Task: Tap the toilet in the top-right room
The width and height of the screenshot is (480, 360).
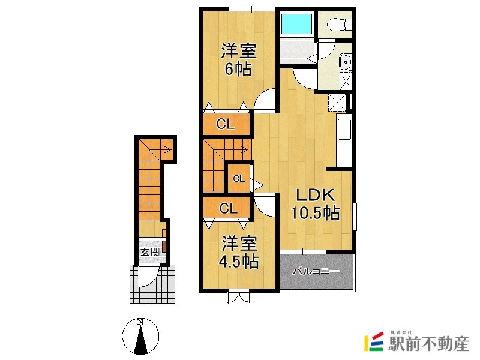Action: tap(336, 24)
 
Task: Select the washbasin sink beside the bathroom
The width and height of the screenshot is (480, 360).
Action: tap(346, 62)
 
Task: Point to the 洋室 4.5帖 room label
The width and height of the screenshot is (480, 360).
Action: tap(239, 253)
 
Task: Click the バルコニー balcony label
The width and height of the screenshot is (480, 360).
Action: tap(316, 272)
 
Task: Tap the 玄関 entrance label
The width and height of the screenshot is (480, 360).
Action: tap(150, 252)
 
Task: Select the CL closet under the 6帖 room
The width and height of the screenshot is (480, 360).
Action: tap(225, 125)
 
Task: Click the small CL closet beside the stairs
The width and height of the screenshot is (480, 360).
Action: tap(239, 178)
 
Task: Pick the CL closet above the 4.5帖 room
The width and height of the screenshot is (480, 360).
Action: tap(227, 209)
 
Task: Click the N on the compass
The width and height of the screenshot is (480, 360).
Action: tap(140, 322)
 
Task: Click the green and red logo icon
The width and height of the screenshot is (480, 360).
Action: tap(374, 342)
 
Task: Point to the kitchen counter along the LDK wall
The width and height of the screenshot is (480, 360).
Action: tap(344, 141)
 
